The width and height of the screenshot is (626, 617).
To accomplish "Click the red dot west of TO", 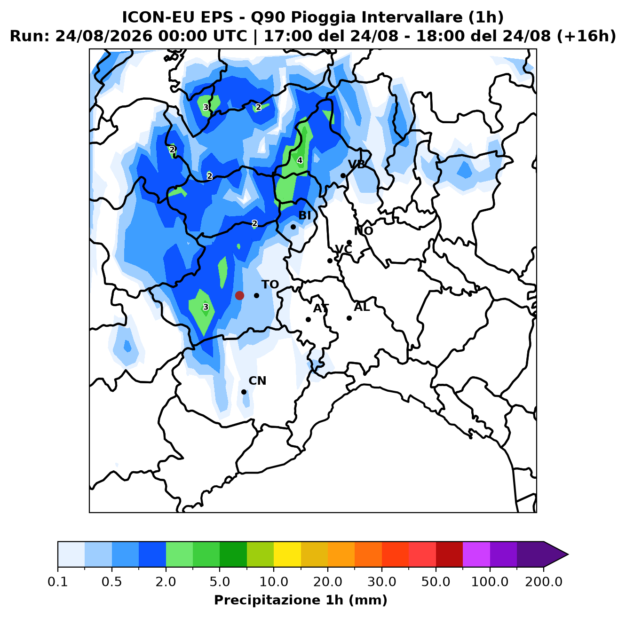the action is tap(239, 295).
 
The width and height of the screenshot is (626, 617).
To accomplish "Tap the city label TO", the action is tap(270, 285).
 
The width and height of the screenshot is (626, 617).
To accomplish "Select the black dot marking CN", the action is tap(244, 392).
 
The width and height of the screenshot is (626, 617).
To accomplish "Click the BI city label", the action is tap(304, 215).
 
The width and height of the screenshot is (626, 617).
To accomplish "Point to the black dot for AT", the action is tap(308, 319).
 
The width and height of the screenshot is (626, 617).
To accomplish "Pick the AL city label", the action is tap(362, 307).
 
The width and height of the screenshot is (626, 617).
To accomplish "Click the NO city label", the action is tap(363, 231).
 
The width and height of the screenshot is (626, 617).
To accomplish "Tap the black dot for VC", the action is tap(330, 261).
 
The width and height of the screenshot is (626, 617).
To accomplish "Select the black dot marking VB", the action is tap(343, 175).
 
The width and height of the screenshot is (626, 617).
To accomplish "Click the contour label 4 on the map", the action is tap(300, 160).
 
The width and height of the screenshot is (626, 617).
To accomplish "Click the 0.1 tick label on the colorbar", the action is tap(58, 582).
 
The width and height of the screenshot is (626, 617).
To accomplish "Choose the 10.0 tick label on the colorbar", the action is tap(274, 582).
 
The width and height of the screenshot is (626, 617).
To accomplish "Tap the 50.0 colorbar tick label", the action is tap(436, 582).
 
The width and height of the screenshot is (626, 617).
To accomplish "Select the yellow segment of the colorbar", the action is tap(287, 554).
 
